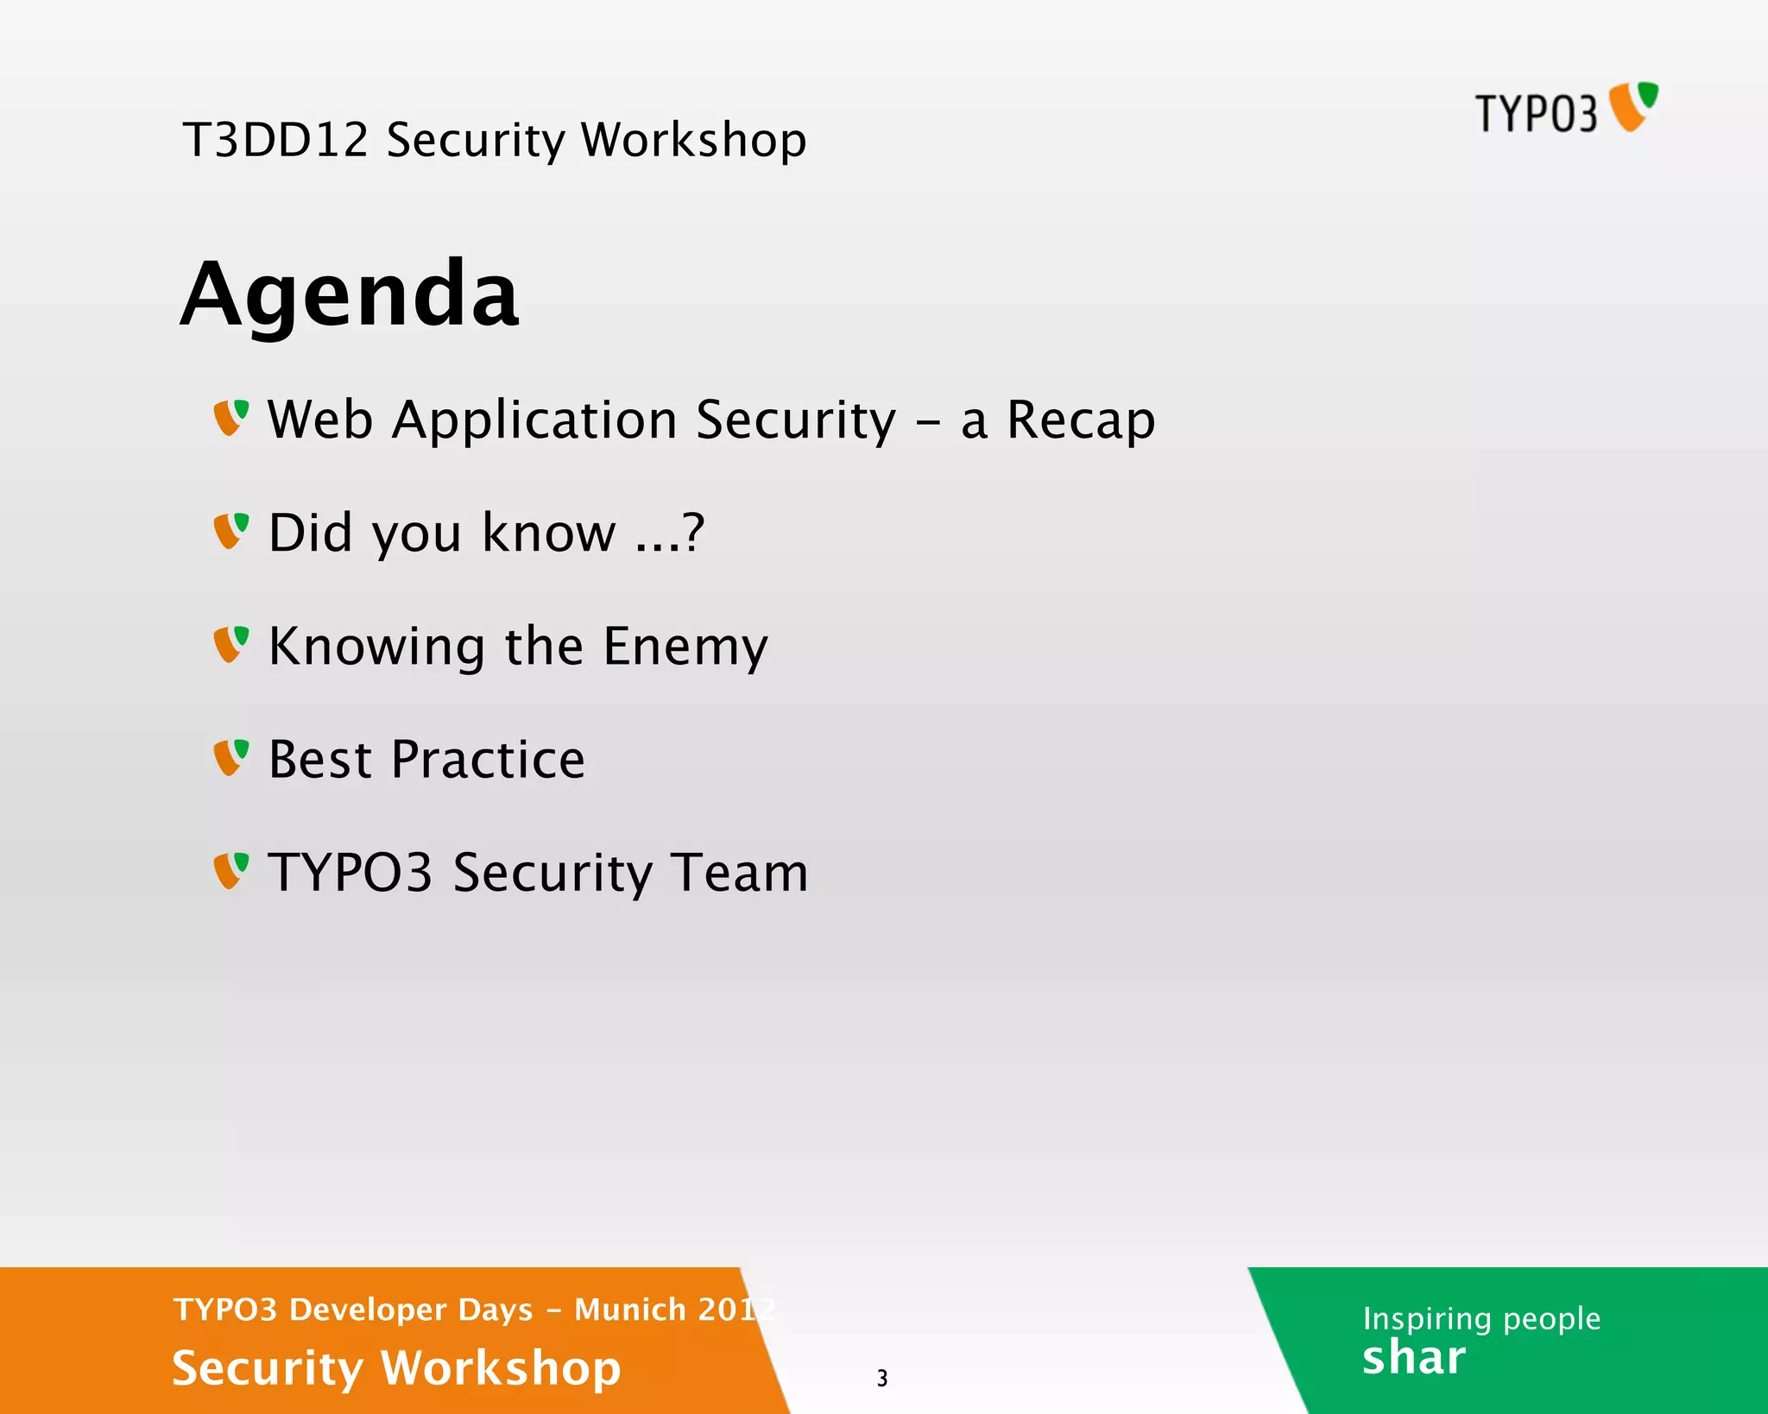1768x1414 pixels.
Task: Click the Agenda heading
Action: [350, 294]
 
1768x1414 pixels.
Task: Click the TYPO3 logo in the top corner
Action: [1565, 110]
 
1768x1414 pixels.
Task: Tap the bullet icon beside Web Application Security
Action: [230, 418]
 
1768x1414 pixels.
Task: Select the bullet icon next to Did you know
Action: [230, 531]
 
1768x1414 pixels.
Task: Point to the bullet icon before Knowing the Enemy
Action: [230, 645]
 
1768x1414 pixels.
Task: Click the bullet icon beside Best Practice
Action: [230, 758]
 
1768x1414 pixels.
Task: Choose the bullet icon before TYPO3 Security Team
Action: [230, 871]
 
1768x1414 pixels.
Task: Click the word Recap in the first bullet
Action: [1080, 421]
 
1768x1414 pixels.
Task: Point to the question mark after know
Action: [693, 532]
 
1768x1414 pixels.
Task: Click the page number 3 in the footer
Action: [881, 1378]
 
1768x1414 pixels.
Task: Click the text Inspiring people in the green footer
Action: [1481, 1319]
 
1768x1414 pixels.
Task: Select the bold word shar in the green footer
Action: [1413, 1358]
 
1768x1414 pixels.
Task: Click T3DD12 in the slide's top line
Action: [275, 140]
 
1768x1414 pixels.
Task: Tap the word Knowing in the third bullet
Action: [376, 647]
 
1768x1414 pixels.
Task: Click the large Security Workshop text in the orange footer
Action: [396, 1368]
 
